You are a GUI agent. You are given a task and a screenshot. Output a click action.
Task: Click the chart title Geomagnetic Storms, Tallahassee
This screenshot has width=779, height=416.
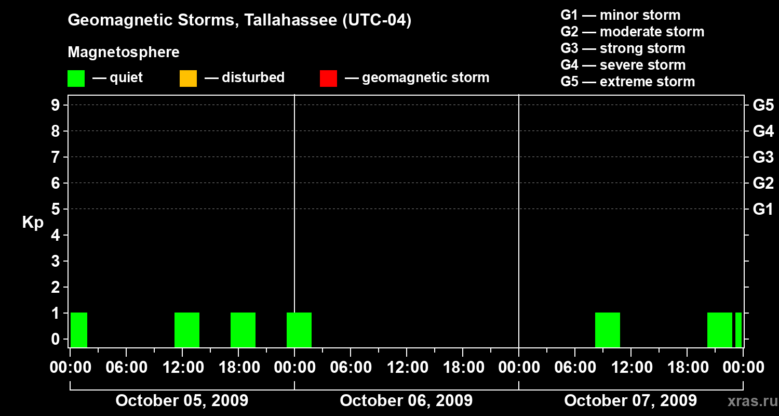(x=239, y=21)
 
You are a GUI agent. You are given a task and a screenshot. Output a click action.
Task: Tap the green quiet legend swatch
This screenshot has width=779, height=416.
(x=76, y=78)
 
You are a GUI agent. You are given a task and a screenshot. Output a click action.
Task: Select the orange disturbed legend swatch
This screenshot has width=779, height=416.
(x=188, y=78)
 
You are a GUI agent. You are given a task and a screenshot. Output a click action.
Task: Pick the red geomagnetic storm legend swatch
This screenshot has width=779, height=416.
(x=328, y=78)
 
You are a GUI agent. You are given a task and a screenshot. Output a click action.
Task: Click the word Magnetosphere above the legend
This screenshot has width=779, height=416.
(x=124, y=53)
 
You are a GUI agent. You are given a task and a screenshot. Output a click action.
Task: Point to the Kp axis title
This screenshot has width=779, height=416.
(x=33, y=223)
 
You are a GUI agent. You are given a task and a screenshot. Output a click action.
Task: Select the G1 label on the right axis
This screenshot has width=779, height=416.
(x=763, y=210)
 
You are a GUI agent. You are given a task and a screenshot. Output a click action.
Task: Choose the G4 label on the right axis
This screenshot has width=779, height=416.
(x=763, y=131)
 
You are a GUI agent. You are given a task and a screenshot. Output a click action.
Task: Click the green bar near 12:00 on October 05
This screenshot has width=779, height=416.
(x=187, y=330)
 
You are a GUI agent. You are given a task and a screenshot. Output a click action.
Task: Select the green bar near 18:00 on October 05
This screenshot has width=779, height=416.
(x=243, y=330)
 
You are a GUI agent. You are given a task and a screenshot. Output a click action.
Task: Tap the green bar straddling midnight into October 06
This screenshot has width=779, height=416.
(x=299, y=330)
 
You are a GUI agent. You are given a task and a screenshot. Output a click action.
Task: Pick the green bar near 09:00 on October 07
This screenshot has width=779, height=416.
(x=608, y=330)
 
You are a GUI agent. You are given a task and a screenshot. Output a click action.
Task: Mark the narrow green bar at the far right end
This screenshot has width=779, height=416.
(x=738, y=330)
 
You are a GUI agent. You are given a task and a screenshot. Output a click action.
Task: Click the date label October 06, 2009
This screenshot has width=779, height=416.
(x=406, y=400)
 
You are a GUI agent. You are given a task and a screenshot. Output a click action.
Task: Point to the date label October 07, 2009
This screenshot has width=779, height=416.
(x=630, y=400)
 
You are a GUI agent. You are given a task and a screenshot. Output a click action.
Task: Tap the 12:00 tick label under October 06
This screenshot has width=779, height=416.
(x=407, y=368)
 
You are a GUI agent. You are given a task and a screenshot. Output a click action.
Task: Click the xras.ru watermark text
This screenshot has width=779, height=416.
(x=748, y=401)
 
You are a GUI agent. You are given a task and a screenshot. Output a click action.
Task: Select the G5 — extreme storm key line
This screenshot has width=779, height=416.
(x=627, y=82)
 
